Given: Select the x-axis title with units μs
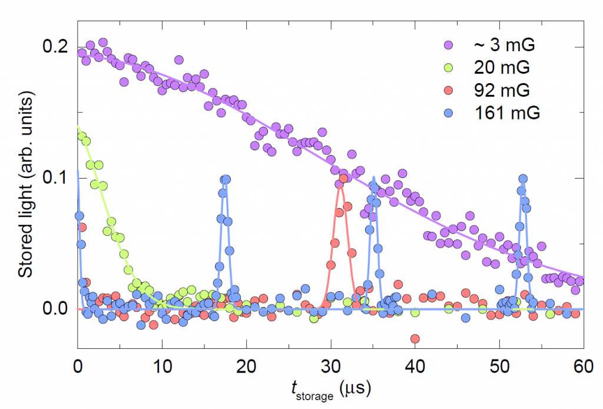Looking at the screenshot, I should click(x=329, y=388).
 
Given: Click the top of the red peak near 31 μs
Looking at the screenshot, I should click(x=343, y=179).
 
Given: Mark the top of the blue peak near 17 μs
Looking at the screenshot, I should click(x=224, y=179).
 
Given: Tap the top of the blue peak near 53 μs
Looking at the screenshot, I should click(x=522, y=179).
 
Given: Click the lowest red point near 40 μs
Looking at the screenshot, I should click(x=415, y=338).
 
